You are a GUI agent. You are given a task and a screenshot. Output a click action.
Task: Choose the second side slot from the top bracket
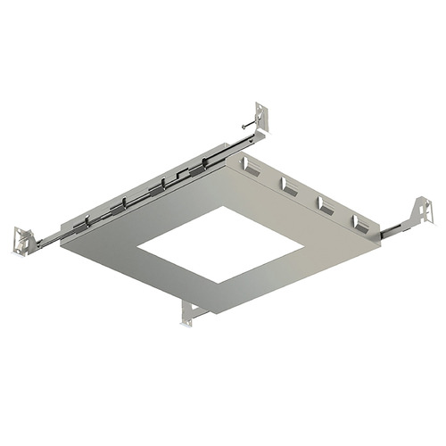coord(287,185)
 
